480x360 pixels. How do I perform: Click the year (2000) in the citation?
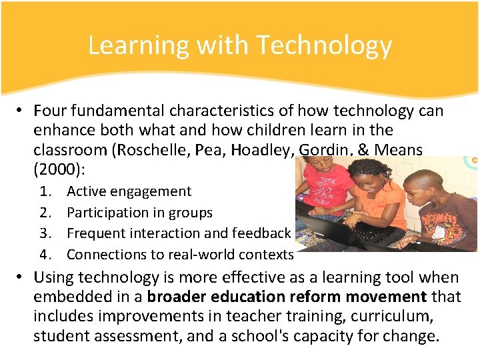point(58,169)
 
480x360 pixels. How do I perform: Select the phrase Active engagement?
point(129,191)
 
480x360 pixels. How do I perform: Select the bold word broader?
point(179,296)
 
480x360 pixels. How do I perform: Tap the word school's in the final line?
point(257,335)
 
